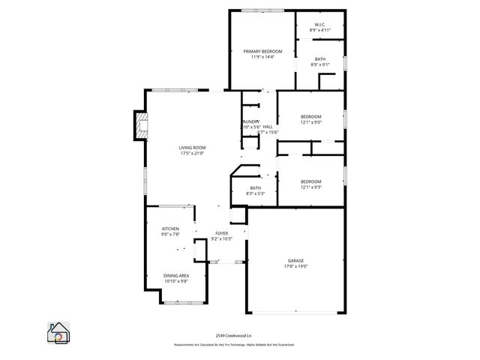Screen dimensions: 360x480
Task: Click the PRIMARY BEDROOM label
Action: (x=262, y=51)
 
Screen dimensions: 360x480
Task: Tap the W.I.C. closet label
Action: (x=320, y=25)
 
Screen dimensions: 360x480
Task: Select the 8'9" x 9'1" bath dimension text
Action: (x=320, y=64)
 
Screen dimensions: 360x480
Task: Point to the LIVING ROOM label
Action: (x=192, y=148)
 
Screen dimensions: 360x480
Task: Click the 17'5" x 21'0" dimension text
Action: (x=192, y=154)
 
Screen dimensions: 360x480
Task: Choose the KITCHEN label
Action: (x=171, y=228)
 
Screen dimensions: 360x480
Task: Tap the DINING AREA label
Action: (x=175, y=275)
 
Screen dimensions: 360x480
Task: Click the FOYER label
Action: (x=222, y=233)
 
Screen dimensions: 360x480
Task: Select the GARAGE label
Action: (x=295, y=260)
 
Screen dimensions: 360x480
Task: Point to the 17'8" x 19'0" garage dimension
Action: (x=295, y=266)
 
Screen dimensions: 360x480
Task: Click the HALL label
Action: (x=268, y=127)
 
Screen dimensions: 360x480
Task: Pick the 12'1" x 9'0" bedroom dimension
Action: (x=311, y=122)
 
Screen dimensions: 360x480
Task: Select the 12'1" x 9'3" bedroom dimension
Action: (x=311, y=187)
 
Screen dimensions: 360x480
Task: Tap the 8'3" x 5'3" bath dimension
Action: (x=256, y=193)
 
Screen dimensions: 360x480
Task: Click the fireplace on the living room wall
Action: (x=140, y=125)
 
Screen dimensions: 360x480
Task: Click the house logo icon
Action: (x=58, y=333)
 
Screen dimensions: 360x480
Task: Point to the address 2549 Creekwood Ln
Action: (x=240, y=336)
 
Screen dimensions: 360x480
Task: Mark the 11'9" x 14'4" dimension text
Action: (x=262, y=57)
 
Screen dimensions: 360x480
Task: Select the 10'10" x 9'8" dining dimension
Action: (x=175, y=281)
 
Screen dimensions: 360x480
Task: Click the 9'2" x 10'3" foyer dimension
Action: (x=222, y=239)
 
